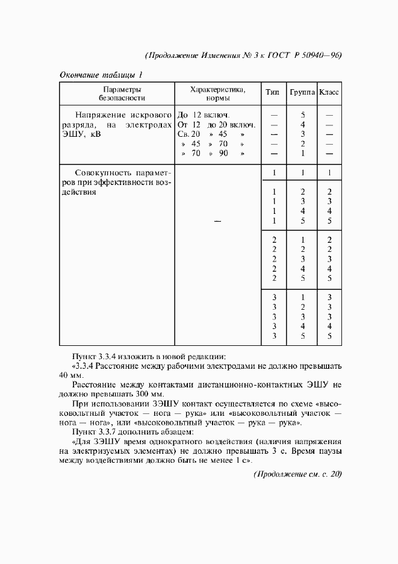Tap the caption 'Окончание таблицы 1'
tap(101, 75)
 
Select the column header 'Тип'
tap(272, 93)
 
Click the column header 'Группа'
tap(303, 93)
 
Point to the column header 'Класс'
tap(329, 93)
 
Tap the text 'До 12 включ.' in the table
tap(204, 114)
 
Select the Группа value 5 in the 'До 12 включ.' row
tap(303, 114)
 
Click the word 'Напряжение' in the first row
tap(101, 114)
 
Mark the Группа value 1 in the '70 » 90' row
tap(303, 153)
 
